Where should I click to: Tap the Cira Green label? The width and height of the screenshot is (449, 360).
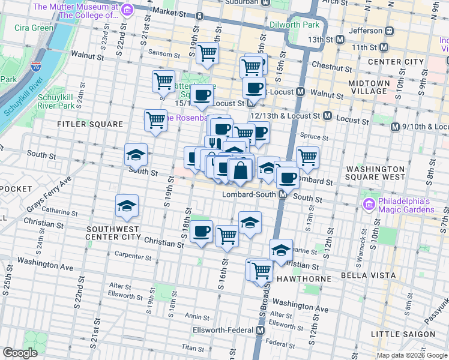coord(34,28)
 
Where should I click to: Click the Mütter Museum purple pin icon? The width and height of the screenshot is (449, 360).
coord(127,10)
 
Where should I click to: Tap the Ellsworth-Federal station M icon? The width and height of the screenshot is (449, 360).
coord(261,331)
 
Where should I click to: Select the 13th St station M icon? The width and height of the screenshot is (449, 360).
coord(340,39)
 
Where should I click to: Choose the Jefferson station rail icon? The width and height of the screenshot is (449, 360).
coord(389,31)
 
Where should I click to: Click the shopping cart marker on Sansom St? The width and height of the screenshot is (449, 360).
coord(208,53)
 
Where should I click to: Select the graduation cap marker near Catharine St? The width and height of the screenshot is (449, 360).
coord(127,206)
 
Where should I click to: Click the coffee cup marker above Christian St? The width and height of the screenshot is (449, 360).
coord(202,231)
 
